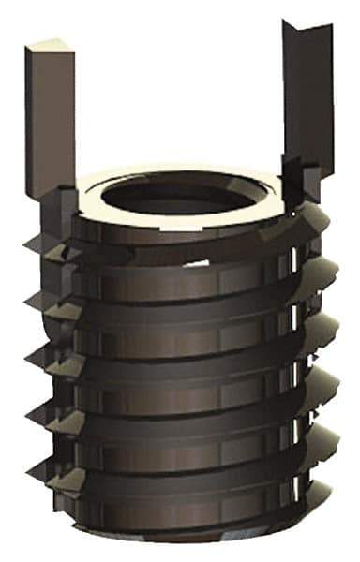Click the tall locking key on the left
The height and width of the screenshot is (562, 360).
[50, 122]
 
